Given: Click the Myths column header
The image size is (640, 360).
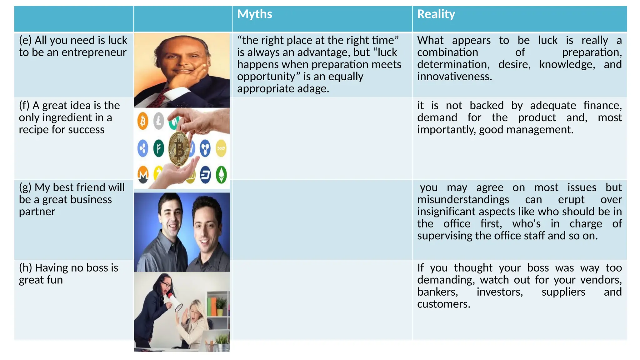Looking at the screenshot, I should pos(254,14).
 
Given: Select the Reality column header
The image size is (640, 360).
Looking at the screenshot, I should pos(436,14).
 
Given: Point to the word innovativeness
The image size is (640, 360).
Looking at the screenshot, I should pos(454,77).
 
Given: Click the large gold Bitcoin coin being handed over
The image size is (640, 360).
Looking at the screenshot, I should pos(179,149).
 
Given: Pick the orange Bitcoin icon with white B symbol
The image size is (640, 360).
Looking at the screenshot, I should pos(143,121).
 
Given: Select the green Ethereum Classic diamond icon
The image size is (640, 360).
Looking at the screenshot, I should pos(221,175).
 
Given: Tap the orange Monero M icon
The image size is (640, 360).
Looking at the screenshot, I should pos(143,175).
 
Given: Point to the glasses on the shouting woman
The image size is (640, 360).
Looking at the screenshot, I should pos(167,285).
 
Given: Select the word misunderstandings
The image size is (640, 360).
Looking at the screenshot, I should pos(463,200).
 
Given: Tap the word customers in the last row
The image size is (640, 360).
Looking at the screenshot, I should pos(443,304).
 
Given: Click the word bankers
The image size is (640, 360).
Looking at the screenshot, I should pos(437,292).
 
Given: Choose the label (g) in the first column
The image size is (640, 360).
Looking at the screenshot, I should pos(25,187).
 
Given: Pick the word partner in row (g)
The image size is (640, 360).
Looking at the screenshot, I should pos(37,212).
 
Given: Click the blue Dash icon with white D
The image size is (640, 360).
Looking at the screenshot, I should pos(205,175).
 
